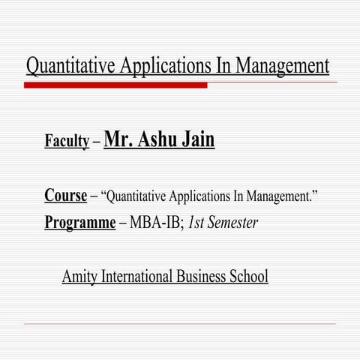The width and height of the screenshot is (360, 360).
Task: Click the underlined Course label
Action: click(65, 196)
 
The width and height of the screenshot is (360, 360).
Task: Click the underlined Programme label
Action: click(82, 223)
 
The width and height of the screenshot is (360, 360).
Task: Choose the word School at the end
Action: click(249, 277)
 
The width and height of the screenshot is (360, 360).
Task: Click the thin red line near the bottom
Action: click(180, 324)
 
